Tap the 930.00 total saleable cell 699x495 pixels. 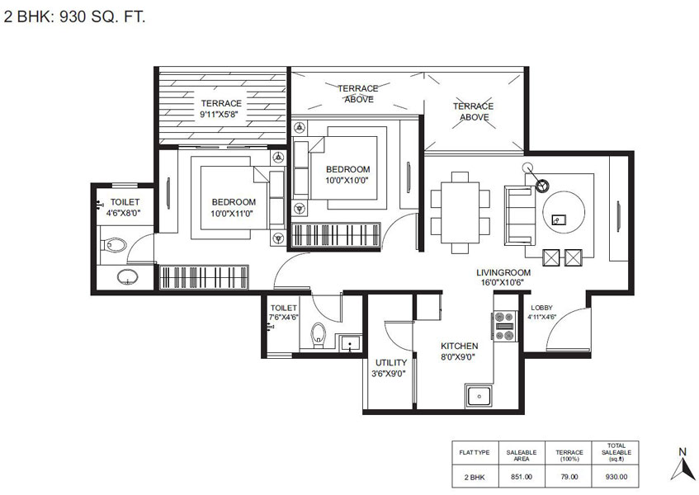pos(616,477)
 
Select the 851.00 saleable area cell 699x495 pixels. pos(521,477)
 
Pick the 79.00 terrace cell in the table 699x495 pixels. pos(569,477)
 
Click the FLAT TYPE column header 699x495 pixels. pos(475,453)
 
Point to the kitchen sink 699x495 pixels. pos(479,396)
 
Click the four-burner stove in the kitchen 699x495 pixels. pos(504,326)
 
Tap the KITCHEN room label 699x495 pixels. pos(459,346)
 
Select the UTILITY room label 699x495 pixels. pos(390,363)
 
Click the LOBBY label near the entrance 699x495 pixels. pos(541,308)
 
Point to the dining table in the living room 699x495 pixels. pos(460,213)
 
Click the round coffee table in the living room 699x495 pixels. pos(564,212)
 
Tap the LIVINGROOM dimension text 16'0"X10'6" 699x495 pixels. pos(502,282)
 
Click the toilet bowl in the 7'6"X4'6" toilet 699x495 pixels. pos(319,335)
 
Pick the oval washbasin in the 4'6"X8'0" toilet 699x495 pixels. pos(127,277)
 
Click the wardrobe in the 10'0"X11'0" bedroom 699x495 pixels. pos(204,277)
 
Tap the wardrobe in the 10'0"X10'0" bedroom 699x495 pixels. pos(336,234)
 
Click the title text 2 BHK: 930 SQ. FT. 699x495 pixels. pos(75,17)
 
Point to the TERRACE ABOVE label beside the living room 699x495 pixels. pos(474,111)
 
